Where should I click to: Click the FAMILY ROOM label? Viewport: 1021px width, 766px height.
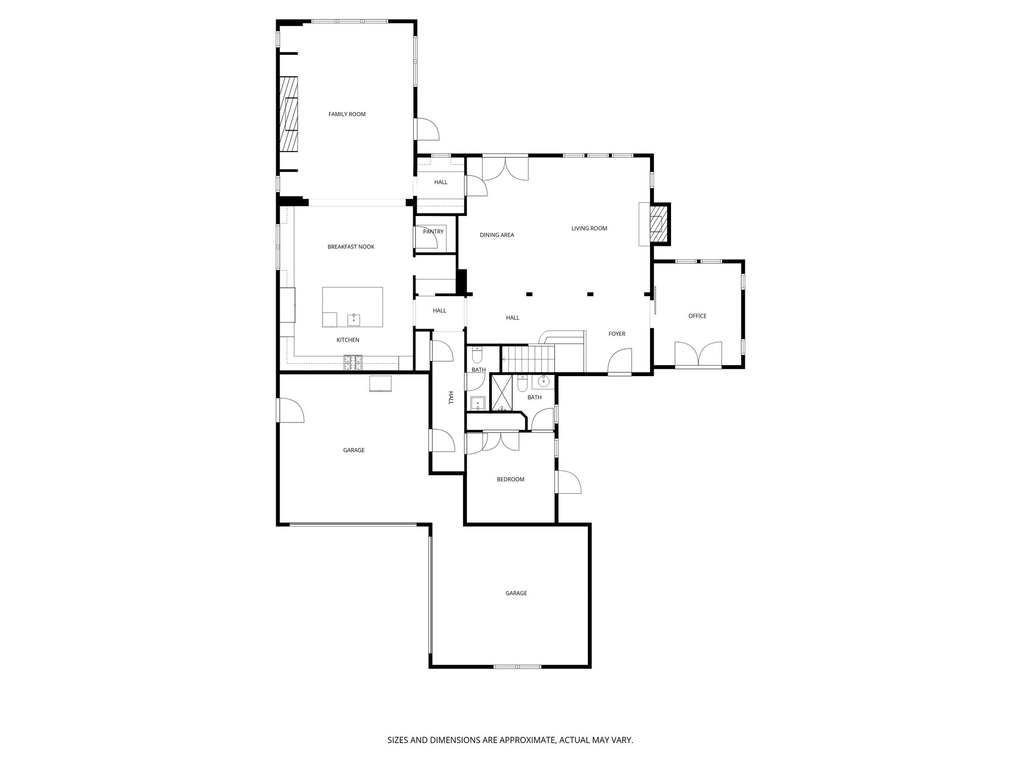tap(347, 114)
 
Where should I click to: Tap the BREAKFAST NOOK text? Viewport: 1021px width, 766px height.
tap(351, 247)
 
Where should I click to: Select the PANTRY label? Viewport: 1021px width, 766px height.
tap(433, 232)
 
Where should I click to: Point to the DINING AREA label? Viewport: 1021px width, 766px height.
tap(497, 235)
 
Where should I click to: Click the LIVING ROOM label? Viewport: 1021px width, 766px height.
tap(589, 228)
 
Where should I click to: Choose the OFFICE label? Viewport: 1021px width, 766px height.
tap(697, 316)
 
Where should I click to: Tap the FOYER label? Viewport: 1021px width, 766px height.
tap(617, 334)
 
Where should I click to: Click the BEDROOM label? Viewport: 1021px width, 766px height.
tap(510, 479)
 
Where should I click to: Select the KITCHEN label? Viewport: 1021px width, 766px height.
tap(348, 340)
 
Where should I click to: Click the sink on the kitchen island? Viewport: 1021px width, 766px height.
tap(354, 319)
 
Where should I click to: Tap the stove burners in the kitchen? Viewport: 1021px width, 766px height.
tap(353, 363)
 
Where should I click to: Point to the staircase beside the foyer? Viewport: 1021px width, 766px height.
tap(528, 359)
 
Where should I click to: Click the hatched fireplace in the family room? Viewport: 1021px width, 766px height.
tap(289, 114)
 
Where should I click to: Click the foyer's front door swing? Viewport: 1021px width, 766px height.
tap(620, 361)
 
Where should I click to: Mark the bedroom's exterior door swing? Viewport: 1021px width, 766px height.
tap(569, 482)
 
